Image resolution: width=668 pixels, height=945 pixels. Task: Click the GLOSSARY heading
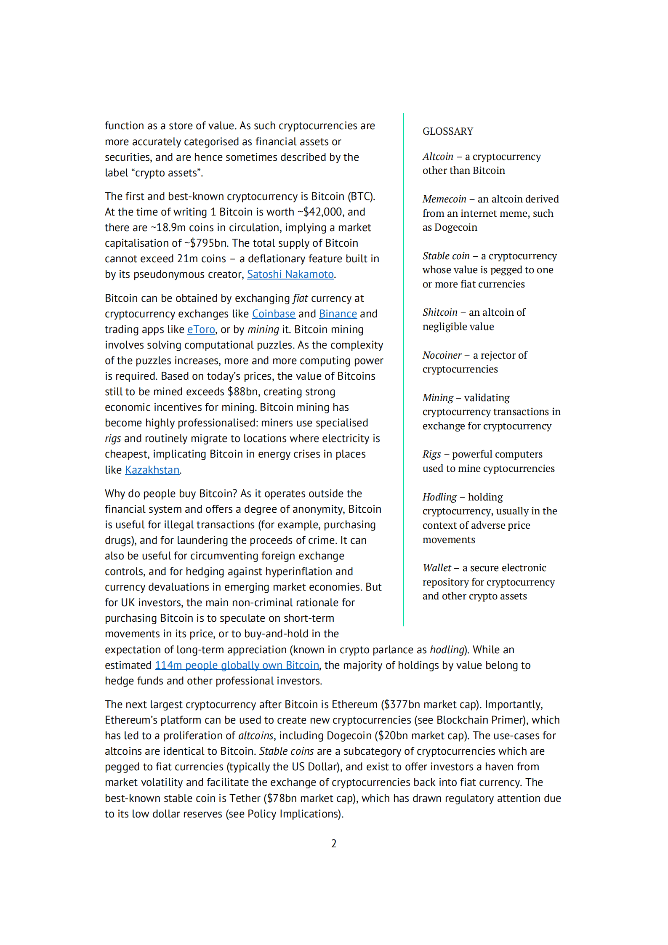tap(447, 131)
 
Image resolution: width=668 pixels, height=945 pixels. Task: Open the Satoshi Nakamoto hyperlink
tap(290, 274)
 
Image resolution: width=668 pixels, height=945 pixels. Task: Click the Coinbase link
tap(274, 314)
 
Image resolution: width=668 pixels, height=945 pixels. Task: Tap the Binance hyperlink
tap(338, 314)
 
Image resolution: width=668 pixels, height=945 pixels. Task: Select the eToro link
tap(201, 330)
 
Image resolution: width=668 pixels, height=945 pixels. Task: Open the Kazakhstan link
tap(152, 470)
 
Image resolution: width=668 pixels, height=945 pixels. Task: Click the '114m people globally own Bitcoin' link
tap(237, 665)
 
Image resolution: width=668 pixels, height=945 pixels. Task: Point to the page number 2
tap(334, 844)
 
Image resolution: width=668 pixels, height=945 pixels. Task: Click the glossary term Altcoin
tap(438, 157)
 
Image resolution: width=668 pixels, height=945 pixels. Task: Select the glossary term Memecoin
tap(444, 199)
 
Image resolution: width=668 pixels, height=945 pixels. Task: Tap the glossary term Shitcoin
tap(439, 312)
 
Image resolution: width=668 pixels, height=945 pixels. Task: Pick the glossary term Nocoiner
tap(442, 355)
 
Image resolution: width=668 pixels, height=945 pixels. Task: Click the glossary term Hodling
tap(439, 497)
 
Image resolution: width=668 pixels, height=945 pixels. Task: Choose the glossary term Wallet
tap(436, 568)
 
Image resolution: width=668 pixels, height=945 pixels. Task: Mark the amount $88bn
tap(242, 392)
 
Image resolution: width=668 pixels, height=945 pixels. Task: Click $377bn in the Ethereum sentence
tap(402, 705)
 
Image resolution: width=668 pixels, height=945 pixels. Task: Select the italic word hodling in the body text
tap(447, 650)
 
